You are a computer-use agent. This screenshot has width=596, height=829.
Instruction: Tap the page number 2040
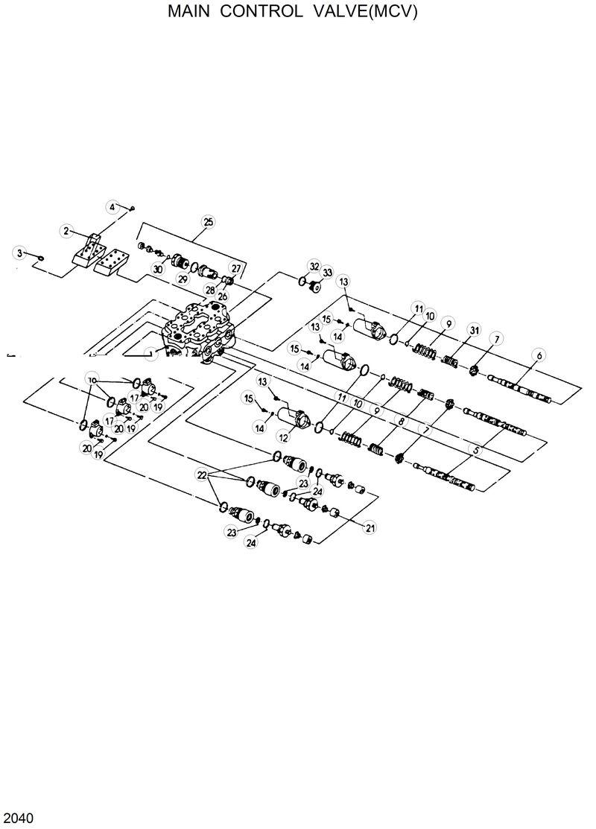tap(17, 818)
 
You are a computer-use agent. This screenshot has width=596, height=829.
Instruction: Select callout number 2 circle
tap(66, 232)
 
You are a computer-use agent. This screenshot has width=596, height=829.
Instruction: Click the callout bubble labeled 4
tap(113, 206)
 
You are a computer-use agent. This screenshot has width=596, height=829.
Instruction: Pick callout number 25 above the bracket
tap(208, 221)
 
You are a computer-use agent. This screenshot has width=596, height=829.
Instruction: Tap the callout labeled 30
tap(157, 269)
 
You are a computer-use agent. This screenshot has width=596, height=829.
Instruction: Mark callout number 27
tap(236, 268)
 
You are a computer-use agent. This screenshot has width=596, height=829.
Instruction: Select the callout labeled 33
tap(327, 273)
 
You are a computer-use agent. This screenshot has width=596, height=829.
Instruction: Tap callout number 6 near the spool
tap(539, 356)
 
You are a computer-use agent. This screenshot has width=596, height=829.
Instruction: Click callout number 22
tap(202, 474)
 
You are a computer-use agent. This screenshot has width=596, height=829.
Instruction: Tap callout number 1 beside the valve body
tap(152, 355)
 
